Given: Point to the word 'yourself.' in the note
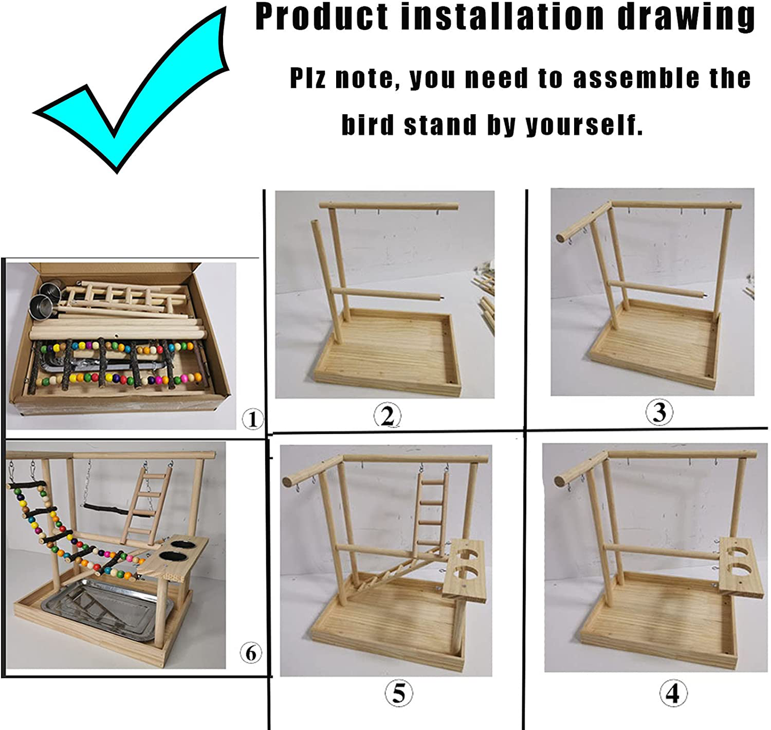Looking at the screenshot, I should pyautogui.click(x=584, y=125).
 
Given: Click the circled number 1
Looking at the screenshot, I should pyautogui.click(x=252, y=419).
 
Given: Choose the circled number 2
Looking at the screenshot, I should pyautogui.click(x=387, y=415).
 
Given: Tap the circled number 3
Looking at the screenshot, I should pyautogui.click(x=659, y=412).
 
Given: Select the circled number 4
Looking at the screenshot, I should pyautogui.click(x=673, y=693).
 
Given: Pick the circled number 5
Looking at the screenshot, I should pyautogui.click(x=399, y=693).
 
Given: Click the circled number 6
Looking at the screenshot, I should pyautogui.click(x=251, y=653).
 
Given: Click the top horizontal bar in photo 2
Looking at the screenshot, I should pyautogui.click(x=388, y=206).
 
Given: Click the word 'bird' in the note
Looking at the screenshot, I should pyautogui.click(x=368, y=125).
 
